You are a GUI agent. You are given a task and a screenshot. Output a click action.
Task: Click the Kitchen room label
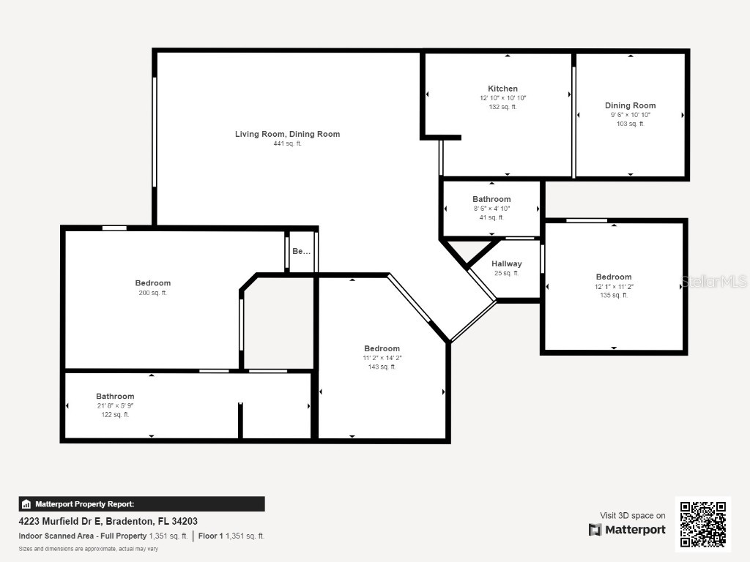pos(502,89)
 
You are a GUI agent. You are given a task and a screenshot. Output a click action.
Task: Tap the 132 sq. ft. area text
pos(502,107)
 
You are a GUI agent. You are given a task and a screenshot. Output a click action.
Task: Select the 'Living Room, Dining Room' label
pos(287,134)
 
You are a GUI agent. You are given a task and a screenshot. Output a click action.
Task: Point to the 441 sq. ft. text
pos(287,143)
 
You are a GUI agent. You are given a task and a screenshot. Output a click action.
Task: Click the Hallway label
pos(506,263)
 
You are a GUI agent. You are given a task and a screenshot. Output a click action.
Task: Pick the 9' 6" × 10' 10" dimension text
pos(630,115)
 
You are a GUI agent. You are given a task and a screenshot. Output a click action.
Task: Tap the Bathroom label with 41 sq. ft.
pos(491,199)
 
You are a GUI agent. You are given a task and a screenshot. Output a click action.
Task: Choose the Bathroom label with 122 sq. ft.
pos(115,396)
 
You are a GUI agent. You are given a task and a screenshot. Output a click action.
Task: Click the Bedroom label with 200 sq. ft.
pos(152,283)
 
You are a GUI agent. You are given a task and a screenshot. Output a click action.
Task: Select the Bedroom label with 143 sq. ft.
pos(382,348)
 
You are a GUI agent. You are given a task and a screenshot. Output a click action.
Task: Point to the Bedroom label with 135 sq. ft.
pos(613,277)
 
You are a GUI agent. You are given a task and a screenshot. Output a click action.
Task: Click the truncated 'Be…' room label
pos(301,251)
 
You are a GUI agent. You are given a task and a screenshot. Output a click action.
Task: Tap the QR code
pos(702,524)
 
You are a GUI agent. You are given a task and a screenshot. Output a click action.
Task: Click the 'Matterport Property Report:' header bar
pos(141,504)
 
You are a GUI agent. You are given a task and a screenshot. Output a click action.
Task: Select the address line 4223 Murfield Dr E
pos(108,522)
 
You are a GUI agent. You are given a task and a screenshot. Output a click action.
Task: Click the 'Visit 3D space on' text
pos(633,516)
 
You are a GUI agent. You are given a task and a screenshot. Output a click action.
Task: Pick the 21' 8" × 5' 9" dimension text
pos(115,405)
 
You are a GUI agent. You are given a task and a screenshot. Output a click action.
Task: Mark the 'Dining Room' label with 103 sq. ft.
pos(630,105)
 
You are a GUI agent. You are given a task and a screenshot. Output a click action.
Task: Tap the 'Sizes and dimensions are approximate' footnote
pos(88,548)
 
